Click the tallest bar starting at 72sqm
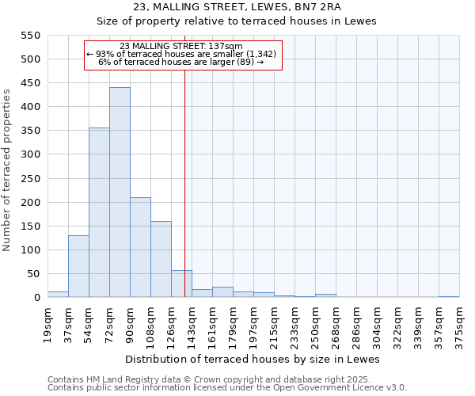click(120, 192)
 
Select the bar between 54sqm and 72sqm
click(99, 212)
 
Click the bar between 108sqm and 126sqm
click(161, 259)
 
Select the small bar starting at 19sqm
click(58, 294)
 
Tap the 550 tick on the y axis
click(30, 36)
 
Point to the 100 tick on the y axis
click(30, 250)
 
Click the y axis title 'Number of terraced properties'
click(7, 170)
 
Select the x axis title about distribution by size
click(253, 359)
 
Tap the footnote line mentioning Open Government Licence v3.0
click(227, 387)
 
